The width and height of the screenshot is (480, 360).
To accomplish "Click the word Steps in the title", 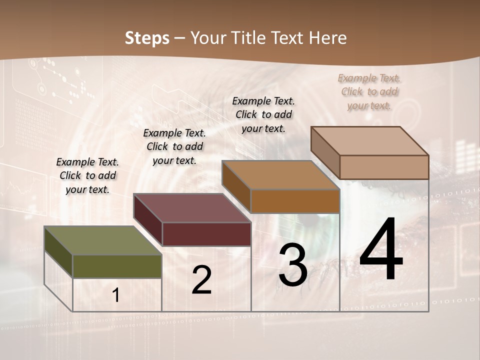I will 147,38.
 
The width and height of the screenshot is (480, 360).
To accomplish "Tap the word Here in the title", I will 328,38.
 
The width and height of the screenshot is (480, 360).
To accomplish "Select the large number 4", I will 381,250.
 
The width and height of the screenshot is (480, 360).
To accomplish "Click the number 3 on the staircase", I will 293,265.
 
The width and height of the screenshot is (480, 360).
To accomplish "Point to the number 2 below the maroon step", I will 201,280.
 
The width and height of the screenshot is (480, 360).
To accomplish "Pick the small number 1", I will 116,295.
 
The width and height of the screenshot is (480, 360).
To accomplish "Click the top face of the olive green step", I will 102,240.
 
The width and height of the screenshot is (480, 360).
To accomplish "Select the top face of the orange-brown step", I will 280,175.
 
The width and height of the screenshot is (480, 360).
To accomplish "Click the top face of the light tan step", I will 369,141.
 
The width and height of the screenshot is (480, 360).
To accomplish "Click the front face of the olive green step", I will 117,266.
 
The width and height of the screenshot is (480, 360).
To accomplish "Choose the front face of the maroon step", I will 206,234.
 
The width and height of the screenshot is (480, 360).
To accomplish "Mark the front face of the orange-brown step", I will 295,201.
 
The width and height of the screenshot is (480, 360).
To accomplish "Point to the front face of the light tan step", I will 384,167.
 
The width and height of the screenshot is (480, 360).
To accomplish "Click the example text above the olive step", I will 87,175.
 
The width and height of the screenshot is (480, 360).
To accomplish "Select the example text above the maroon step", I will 174,146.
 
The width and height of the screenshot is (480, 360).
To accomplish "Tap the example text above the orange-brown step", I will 263,114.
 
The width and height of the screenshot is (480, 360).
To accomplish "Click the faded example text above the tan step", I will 369,91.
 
